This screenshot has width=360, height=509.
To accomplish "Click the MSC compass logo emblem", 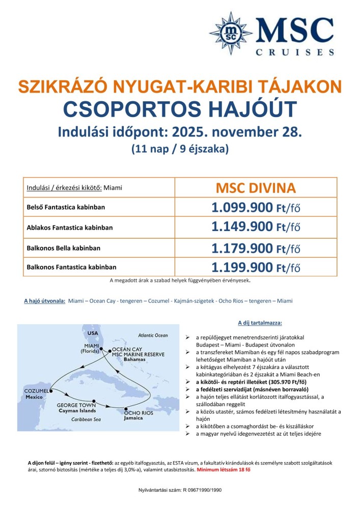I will (x=231, y=33).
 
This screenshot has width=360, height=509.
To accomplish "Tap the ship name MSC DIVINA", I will (x=256, y=188).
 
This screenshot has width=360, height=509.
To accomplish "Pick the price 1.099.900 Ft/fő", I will (x=256, y=208).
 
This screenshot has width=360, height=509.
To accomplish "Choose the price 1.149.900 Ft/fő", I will (x=256, y=228).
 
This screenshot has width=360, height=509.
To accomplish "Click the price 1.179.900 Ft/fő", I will (x=256, y=248).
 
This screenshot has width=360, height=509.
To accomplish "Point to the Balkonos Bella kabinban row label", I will (x=63, y=248).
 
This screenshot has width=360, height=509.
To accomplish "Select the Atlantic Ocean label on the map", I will (x=152, y=335).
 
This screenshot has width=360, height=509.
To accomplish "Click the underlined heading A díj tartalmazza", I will (x=260, y=323).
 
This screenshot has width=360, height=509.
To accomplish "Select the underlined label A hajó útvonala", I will (x=44, y=301).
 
